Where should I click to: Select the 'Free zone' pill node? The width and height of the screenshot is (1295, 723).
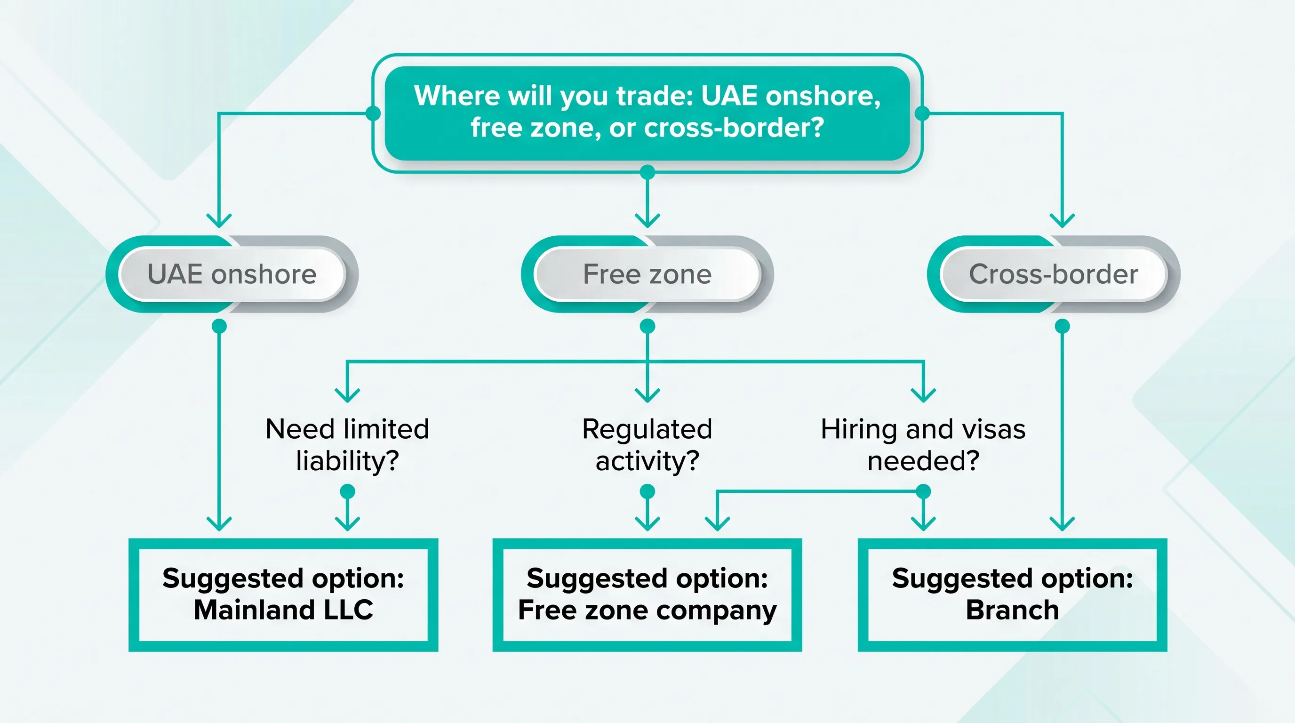647,274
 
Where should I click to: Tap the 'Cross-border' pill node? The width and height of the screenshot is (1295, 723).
1053,274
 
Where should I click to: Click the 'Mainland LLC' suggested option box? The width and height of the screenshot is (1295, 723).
283,594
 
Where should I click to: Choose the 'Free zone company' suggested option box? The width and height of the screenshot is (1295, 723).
647,594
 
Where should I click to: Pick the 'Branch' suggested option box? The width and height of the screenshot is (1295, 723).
1012,594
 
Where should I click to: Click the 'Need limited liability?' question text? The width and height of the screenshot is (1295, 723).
347,444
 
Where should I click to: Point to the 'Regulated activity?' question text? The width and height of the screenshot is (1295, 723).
647,444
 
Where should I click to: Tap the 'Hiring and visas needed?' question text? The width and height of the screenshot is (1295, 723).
923,444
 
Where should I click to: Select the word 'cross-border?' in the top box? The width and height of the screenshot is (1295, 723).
734,128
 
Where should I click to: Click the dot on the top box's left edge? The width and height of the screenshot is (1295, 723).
373,113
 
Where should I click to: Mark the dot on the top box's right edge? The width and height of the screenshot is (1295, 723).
922,113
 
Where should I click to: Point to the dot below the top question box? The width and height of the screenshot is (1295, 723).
647,172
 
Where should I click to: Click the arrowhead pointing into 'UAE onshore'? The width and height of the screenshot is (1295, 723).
219,220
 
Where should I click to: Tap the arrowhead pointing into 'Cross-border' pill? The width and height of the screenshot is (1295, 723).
1062,220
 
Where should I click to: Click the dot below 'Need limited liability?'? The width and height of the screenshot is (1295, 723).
347,491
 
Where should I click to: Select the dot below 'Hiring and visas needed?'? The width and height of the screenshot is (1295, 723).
923,491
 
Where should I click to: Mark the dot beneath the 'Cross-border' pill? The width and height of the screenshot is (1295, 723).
1062,326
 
